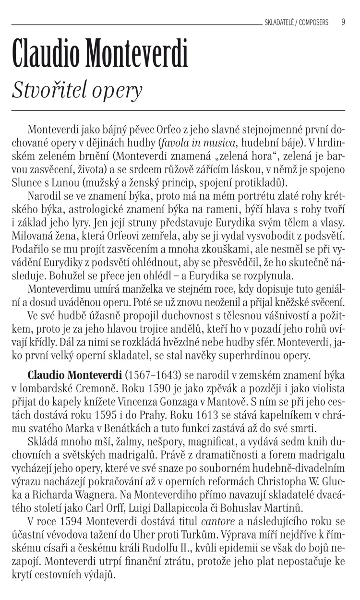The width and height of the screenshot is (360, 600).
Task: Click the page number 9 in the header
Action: click(343, 22)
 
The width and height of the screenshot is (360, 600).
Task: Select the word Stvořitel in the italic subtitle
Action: click(45, 90)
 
